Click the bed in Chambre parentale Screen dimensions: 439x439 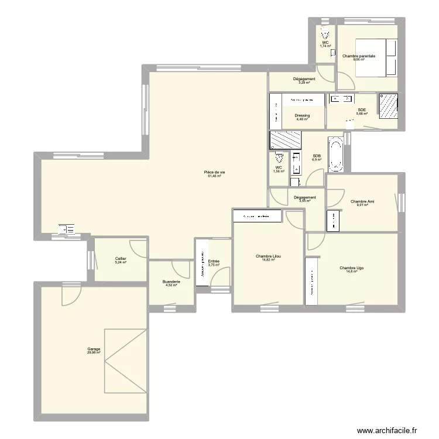(x=375, y=57)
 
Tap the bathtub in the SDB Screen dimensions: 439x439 (x=335, y=155)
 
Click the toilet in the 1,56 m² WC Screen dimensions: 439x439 (x=279, y=158)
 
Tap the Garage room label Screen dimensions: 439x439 (x=94, y=349)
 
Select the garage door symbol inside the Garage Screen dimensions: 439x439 (x=125, y=361)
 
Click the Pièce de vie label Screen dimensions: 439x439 (x=215, y=172)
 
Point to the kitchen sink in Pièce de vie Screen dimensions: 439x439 (x=66, y=229)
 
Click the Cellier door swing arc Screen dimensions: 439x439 (x=139, y=248)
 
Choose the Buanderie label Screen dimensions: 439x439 (x=171, y=282)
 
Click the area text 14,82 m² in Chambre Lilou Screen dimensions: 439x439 (x=269, y=259)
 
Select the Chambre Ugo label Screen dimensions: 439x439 (x=351, y=268)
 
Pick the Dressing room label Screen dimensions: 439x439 (x=302, y=115)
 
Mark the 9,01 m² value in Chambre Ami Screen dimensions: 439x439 (x=362, y=205)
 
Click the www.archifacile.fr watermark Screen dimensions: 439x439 (x=387, y=430)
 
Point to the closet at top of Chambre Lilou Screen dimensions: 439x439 (x=258, y=217)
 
